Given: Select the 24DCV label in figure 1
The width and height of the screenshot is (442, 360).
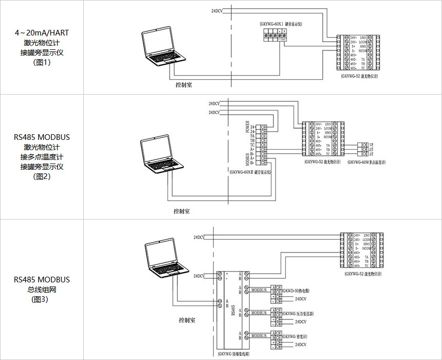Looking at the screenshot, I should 218,11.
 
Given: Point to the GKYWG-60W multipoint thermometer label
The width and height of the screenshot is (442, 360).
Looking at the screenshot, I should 366,163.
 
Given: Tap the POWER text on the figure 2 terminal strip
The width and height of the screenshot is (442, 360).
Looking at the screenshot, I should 247,127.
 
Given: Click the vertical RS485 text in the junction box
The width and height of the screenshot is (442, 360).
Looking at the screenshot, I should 233,311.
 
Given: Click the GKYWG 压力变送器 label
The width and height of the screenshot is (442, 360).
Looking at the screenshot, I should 298,314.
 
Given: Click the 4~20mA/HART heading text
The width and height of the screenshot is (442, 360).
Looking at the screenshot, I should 42,32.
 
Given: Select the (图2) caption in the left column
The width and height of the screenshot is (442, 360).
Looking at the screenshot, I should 42,176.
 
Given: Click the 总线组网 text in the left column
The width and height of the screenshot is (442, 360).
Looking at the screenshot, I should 42,290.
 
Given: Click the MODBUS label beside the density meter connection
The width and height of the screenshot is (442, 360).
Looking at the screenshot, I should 260,336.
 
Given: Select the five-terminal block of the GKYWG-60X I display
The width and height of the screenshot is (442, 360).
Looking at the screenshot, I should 274,35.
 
